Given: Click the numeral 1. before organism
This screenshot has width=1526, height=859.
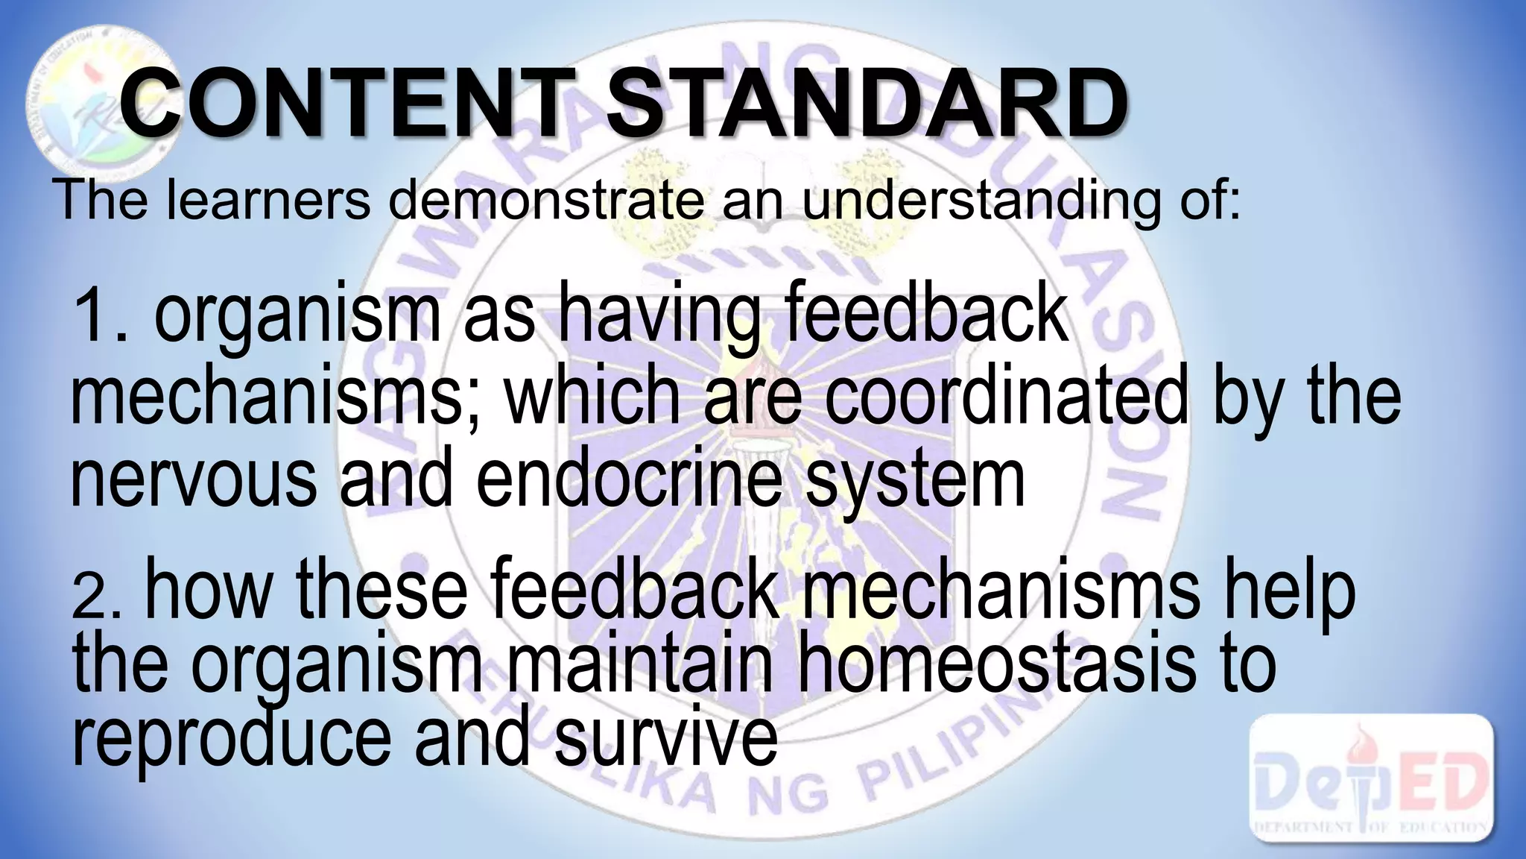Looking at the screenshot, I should (104, 316).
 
